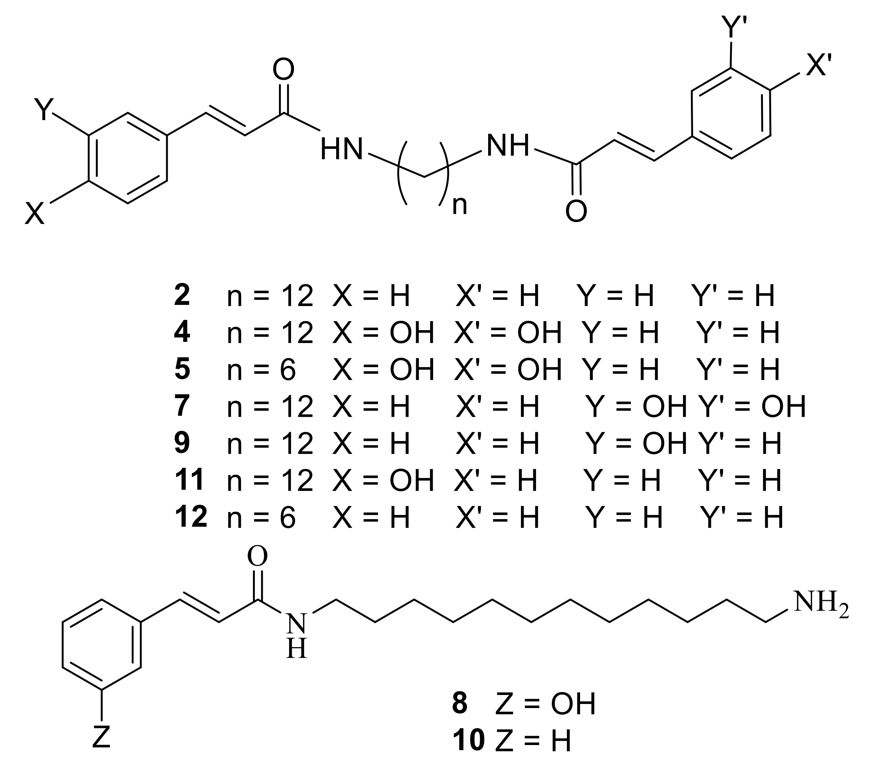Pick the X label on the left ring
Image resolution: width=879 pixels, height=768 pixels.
click(x=35, y=213)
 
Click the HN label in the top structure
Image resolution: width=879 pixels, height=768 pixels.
click(x=341, y=149)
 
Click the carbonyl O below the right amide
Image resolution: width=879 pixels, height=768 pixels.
click(x=576, y=211)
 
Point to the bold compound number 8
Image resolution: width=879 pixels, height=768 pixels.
click(x=459, y=703)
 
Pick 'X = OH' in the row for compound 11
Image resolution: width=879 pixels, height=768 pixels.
click(x=383, y=480)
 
